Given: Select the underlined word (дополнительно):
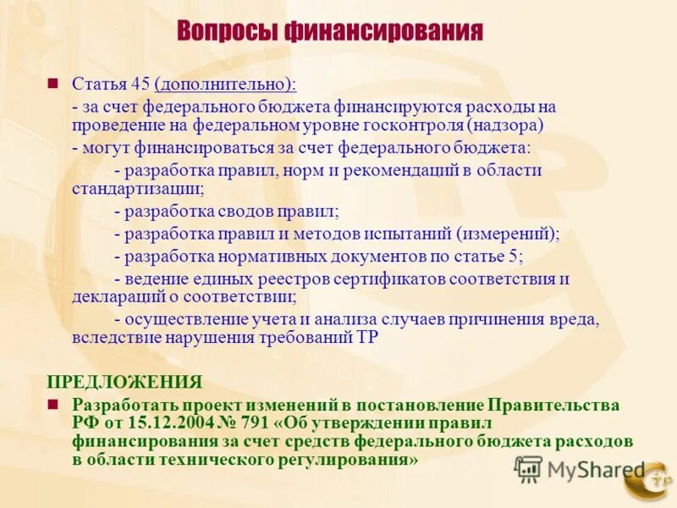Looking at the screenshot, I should (x=226, y=84).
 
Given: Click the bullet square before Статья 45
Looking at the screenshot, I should (x=52, y=83).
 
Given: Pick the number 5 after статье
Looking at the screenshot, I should (x=519, y=256).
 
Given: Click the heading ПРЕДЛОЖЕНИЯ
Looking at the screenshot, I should (x=124, y=381).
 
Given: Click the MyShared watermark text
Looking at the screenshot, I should (x=595, y=470).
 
